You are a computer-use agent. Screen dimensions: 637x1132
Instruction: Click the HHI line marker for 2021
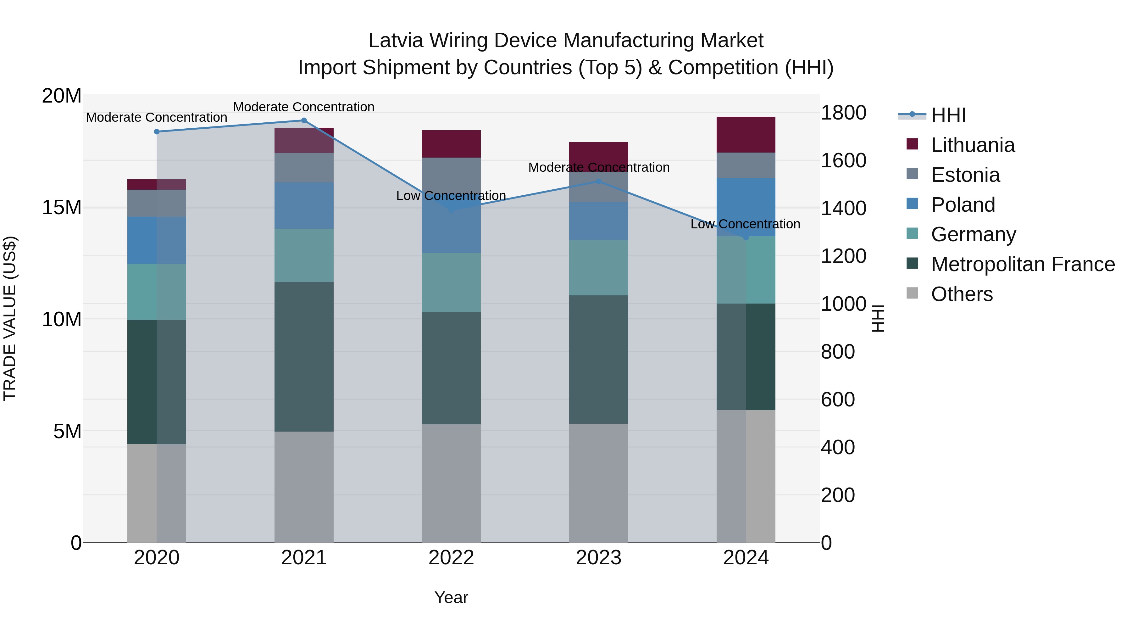tap(304, 120)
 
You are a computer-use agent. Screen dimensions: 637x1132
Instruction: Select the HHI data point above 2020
tap(157, 131)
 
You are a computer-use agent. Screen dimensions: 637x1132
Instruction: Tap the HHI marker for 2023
tap(598, 181)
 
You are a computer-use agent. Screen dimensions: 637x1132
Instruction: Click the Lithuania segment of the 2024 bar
tap(746, 135)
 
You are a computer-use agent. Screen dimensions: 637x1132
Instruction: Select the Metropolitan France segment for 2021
tap(304, 356)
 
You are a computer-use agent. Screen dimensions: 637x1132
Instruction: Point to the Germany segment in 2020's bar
tap(157, 292)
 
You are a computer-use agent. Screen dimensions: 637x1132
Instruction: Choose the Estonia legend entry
tap(965, 175)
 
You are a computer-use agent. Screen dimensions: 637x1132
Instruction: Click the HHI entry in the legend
tap(948, 115)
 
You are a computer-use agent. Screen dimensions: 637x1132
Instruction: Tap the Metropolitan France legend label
tap(1023, 264)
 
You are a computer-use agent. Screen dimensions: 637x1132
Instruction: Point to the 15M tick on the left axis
tap(62, 208)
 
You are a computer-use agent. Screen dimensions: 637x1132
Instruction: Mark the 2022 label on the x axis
tap(451, 558)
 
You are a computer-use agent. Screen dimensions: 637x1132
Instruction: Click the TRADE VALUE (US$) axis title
tap(10, 318)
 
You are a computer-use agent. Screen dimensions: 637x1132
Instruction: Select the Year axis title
tap(451, 597)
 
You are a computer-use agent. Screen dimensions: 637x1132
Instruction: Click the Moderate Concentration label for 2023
tap(598, 167)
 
